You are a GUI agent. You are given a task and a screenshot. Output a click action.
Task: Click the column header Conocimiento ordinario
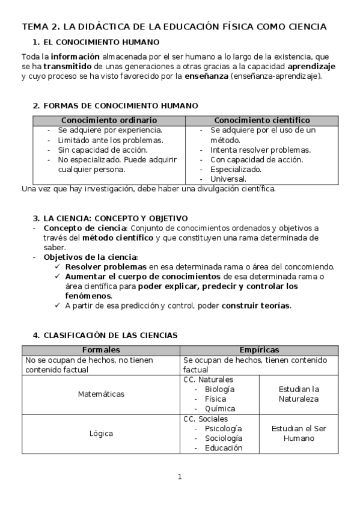[x=109, y=120]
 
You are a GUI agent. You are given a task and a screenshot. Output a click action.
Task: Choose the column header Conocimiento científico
[x=262, y=120]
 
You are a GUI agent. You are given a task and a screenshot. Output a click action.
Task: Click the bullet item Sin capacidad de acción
[x=94, y=150]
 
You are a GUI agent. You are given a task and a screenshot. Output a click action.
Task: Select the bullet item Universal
[x=228, y=179]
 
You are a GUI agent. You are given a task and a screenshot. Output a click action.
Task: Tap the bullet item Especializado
[x=236, y=169]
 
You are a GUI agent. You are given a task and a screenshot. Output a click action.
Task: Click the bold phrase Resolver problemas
[x=106, y=266]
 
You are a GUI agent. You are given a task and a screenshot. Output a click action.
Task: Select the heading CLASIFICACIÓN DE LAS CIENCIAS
[x=111, y=335]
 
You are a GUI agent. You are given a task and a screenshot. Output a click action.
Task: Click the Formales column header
[x=100, y=349]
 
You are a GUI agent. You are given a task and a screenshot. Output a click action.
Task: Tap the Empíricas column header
[x=259, y=349]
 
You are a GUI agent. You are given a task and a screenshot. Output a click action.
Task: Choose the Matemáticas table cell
[x=101, y=394]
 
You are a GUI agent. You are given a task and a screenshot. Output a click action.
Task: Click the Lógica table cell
[x=101, y=433]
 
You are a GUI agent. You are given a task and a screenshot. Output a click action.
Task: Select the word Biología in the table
[x=219, y=389]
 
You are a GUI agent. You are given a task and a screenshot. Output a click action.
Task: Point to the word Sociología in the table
[x=224, y=438]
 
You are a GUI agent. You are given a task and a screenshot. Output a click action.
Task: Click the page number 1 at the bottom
[x=179, y=477]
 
